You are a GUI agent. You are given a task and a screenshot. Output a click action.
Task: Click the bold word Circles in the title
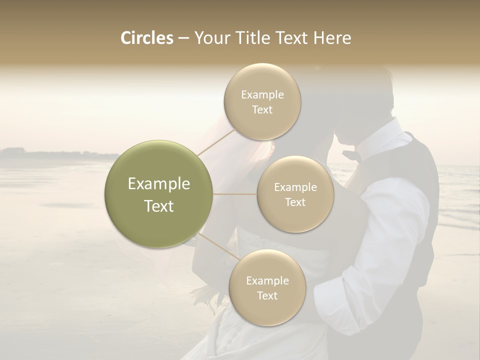(x=146, y=38)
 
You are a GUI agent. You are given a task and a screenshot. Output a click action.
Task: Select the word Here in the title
(x=331, y=38)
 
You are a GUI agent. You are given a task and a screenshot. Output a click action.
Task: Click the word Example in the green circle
(x=159, y=184)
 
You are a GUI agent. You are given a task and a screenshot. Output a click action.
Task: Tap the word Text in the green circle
(x=159, y=206)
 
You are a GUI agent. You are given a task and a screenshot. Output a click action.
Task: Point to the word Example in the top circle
(x=262, y=95)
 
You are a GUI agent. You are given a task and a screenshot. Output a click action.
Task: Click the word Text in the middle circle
(x=295, y=202)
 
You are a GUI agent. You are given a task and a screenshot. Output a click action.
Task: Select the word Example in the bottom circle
(x=267, y=281)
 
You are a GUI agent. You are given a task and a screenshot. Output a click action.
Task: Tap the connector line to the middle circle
(x=235, y=194)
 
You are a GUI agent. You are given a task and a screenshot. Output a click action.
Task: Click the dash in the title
(x=183, y=38)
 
